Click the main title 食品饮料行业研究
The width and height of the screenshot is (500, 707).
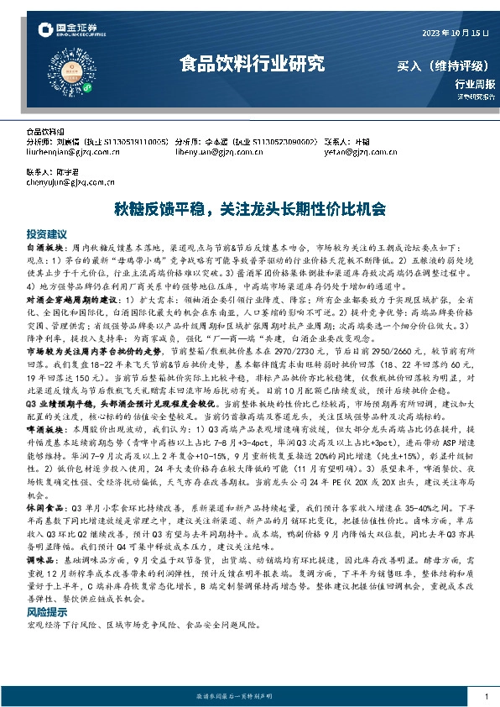tap(251, 64)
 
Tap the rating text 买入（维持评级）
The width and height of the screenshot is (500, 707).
tap(444, 65)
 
